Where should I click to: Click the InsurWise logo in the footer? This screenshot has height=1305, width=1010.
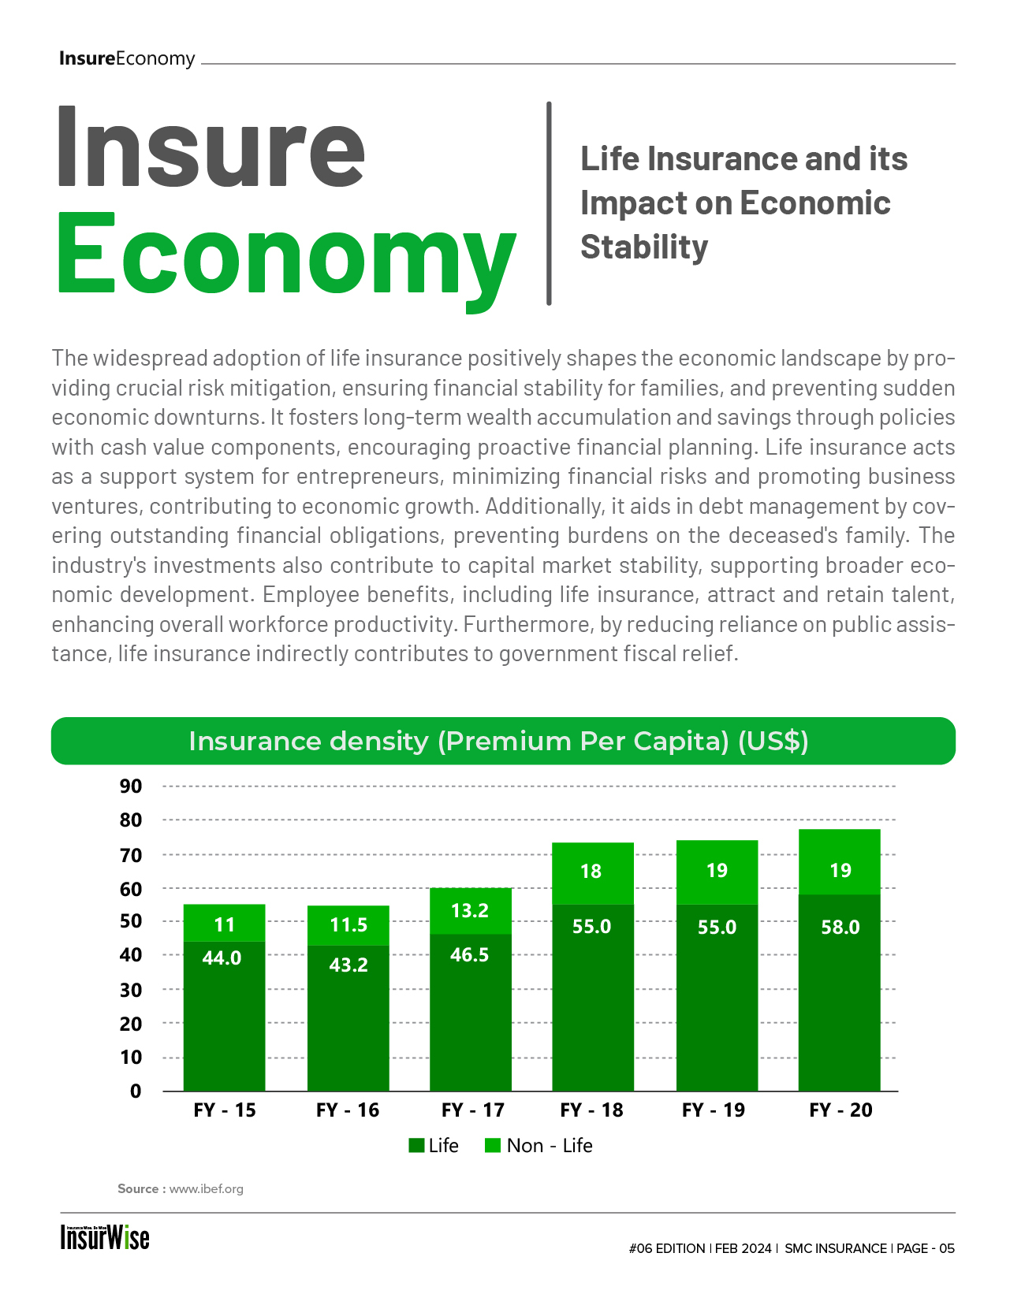point(105,1237)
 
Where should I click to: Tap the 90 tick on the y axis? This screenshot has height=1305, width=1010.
point(131,786)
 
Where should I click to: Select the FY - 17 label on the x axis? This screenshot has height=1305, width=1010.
point(472,1110)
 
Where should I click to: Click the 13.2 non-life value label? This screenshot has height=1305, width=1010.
point(470,910)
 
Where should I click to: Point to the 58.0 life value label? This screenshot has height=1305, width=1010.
point(840,927)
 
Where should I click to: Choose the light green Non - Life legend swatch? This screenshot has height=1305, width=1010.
point(493,1146)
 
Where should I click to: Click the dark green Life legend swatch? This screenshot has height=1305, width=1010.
point(416,1146)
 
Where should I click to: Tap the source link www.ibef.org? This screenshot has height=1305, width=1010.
point(206,1188)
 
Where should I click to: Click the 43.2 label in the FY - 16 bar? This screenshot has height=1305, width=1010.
point(348,965)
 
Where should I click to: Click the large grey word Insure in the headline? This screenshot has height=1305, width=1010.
point(211,146)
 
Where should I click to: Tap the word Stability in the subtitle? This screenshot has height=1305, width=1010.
point(644,247)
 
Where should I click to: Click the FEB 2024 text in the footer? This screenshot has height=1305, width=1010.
point(743,1248)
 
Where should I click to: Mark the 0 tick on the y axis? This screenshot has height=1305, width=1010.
point(136,1091)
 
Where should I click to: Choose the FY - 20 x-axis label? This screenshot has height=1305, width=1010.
point(840,1110)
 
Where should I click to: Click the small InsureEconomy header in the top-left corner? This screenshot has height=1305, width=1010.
point(127,58)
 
